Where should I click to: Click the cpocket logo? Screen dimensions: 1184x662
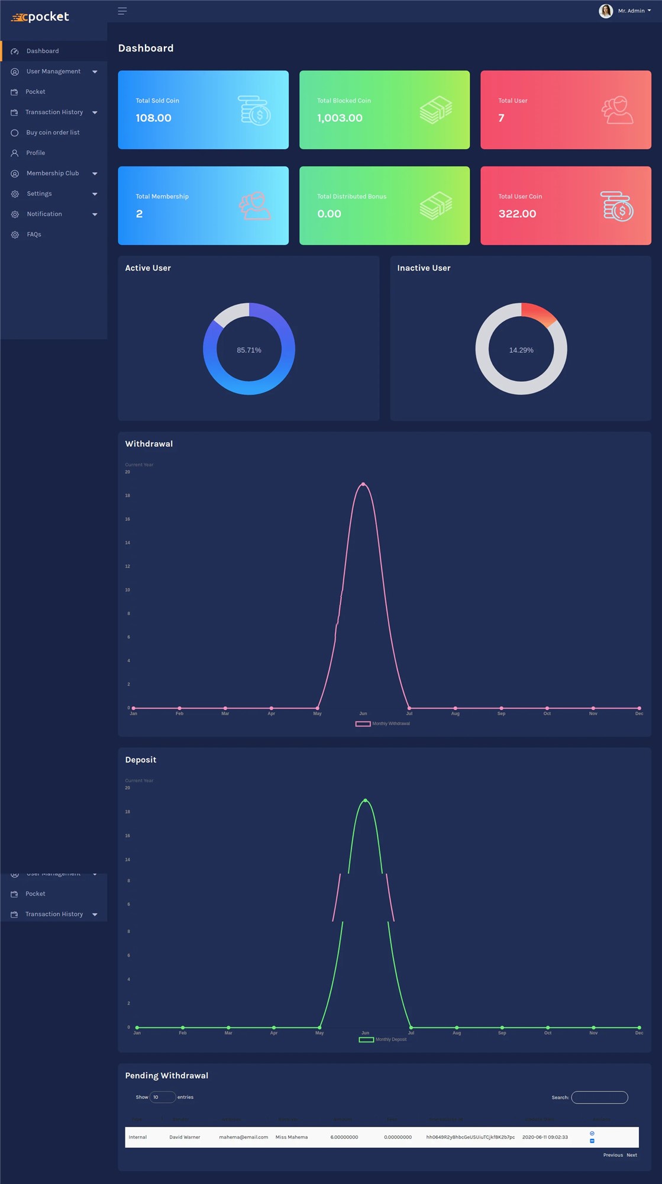click(40, 17)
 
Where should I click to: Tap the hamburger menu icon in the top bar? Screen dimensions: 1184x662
click(122, 11)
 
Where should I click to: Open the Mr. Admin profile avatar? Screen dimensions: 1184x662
click(605, 11)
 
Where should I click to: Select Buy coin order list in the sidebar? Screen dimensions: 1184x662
click(53, 133)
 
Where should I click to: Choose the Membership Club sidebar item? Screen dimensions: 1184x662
click(53, 173)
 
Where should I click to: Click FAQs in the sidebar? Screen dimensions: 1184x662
click(34, 234)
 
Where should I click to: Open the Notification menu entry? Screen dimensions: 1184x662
click(44, 214)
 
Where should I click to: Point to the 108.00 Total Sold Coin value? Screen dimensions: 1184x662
click(154, 118)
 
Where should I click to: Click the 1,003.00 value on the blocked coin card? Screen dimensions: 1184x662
click(340, 118)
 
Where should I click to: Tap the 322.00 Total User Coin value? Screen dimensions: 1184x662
click(517, 214)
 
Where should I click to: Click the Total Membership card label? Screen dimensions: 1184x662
click(162, 197)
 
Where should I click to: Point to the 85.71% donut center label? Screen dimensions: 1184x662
click(249, 350)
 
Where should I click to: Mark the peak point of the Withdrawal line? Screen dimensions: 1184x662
click(363, 484)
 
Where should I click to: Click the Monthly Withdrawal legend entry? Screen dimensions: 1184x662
click(383, 723)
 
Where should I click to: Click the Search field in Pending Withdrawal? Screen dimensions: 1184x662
click(599, 1097)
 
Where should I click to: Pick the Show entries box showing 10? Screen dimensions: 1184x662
click(162, 1097)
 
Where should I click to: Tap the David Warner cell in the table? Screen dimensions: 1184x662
click(185, 1137)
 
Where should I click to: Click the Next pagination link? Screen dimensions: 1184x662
click(632, 1155)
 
